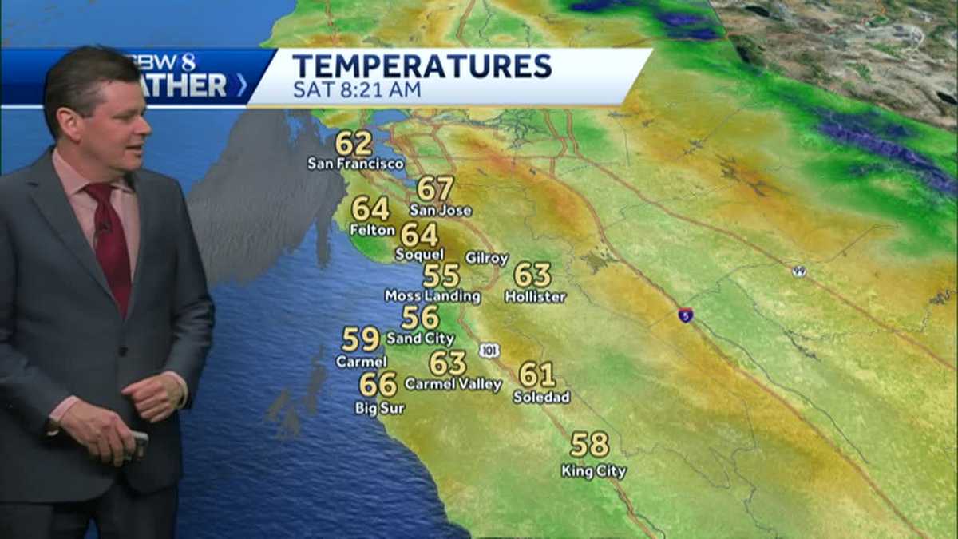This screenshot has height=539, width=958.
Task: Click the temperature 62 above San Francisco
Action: coord(354,144)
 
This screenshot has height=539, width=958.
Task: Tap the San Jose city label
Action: coord(441,211)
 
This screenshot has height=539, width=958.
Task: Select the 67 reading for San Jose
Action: coord(435,188)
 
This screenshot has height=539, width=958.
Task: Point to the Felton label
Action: coord(372,230)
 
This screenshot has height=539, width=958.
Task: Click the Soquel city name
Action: coord(419,255)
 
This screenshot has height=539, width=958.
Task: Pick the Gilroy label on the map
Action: coord(487,258)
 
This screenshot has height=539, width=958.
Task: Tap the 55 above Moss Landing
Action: coord(441,275)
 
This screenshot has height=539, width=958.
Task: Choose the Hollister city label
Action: coord(535,297)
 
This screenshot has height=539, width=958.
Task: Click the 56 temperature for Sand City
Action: coord(420,318)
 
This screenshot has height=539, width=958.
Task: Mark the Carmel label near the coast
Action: coord(361,362)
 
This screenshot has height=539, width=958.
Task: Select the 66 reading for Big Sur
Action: coord(378,385)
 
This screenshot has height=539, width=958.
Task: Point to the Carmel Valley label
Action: coord(453,385)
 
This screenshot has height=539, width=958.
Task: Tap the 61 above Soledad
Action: coord(536,375)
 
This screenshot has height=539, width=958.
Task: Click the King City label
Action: coord(593,471)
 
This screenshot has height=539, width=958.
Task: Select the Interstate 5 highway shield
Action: coord(685,315)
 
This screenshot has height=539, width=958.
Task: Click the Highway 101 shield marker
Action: coord(489,350)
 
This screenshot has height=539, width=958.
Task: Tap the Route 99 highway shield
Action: coord(798,271)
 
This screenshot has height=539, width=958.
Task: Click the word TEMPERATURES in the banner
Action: coord(422,65)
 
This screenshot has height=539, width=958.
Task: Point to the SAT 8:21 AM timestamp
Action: coord(356,89)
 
